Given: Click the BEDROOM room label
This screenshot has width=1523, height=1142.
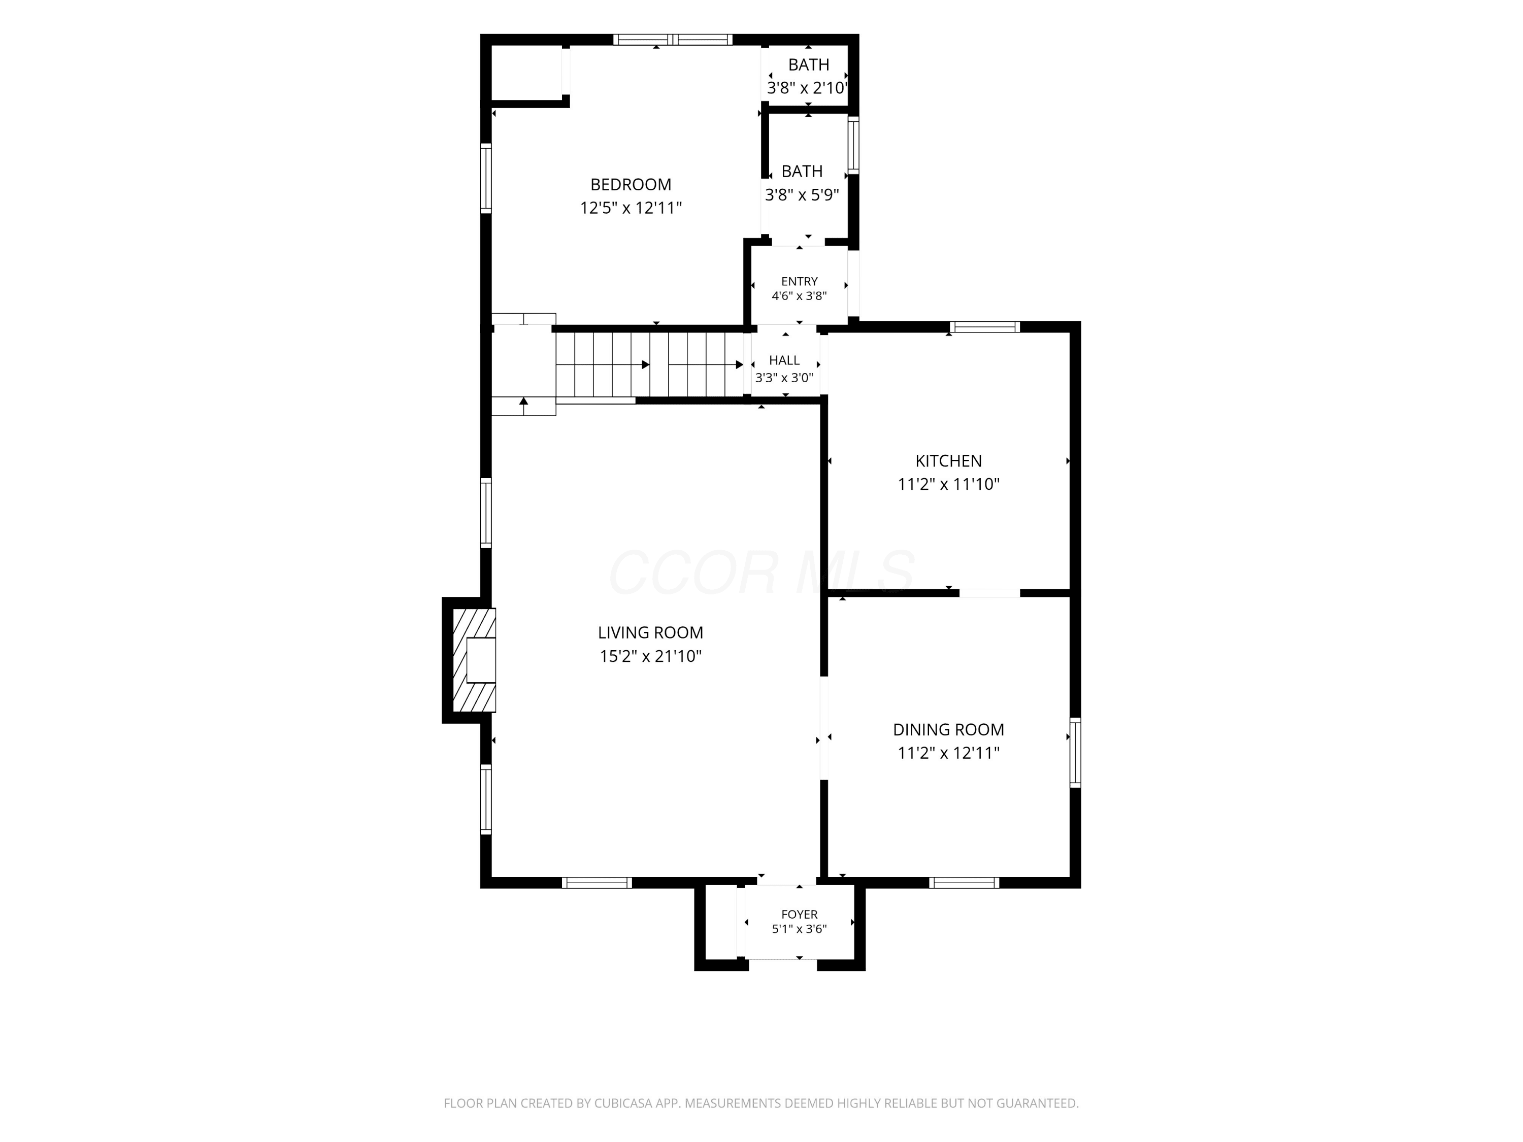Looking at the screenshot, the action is [631, 184].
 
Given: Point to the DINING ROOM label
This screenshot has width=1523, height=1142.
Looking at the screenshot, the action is [948, 730].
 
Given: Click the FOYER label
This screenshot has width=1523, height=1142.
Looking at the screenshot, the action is [800, 914].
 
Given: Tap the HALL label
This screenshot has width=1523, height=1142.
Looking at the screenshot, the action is [784, 360].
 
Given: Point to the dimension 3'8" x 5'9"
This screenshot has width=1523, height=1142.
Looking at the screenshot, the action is [802, 195].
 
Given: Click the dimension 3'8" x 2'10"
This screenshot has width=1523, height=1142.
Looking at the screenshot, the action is [807, 88].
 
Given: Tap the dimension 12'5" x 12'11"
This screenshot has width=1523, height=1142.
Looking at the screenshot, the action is [631, 208].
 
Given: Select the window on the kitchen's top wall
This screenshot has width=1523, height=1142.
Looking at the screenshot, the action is [984, 327].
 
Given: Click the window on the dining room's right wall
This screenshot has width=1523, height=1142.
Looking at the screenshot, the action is [1075, 752].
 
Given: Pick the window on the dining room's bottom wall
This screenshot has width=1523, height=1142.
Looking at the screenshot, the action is [964, 883].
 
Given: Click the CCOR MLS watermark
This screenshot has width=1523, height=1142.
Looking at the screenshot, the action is [762, 573].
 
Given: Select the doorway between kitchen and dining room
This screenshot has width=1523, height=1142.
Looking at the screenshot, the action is [989, 593].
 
